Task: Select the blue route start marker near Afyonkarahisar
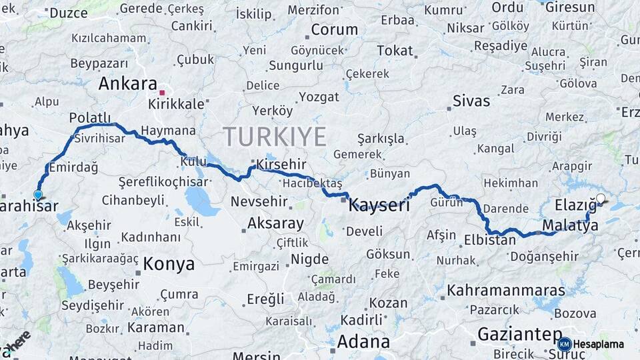(x=38, y=195)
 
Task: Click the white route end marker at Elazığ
(x=601, y=198)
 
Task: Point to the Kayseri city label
(x=379, y=205)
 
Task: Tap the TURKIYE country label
(x=275, y=137)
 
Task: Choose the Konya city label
(x=169, y=263)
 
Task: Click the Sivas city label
(x=471, y=101)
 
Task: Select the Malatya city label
(x=570, y=226)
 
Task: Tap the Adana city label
(x=363, y=342)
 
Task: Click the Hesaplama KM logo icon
(x=565, y=344)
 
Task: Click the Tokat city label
(x=395, y=51)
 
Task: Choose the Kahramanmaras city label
(x=506, y=291)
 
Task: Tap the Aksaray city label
(x=275, y=223)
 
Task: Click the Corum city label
(x=334, y=29)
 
